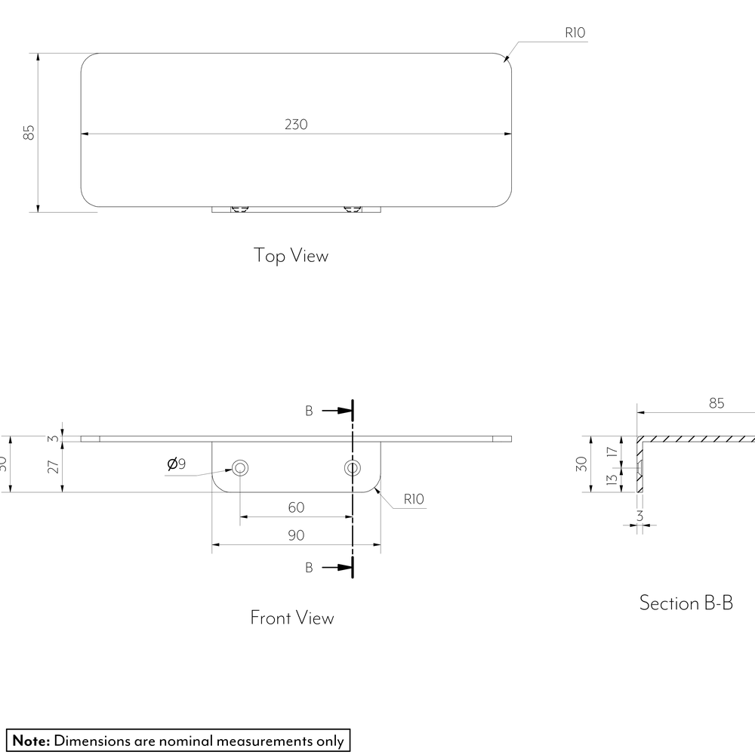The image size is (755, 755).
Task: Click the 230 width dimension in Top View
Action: coord(296,125)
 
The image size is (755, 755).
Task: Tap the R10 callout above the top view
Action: coord(575,32)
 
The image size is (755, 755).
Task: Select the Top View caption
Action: coord(291,255)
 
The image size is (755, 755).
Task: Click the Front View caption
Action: coord(291,618)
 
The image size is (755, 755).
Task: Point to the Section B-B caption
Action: coord(686,602)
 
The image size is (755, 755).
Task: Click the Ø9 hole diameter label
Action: coord(176,464)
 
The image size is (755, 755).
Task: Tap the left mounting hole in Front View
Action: coord(240,467)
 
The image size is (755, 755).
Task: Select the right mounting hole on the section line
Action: coord(353,467)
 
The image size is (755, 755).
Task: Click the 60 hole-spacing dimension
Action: coord(296,507)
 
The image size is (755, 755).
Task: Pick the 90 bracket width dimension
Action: coord(296,535)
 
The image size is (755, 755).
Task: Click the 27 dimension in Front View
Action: coord(54,467)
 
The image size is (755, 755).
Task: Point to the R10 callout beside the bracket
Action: coord(414,499)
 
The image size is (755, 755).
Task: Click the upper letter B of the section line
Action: coord(309,411)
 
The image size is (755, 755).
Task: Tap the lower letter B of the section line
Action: coord(309,568)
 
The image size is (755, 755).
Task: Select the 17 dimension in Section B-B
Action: coord(612,451)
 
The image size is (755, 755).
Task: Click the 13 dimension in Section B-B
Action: coord(612,479)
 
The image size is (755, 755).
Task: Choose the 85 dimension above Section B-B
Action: coord(716,403)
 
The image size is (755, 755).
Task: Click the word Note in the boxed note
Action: coord(31,741)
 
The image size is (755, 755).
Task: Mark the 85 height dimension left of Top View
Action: coord(29,132)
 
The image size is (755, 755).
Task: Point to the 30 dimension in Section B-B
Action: coord(581,464)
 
